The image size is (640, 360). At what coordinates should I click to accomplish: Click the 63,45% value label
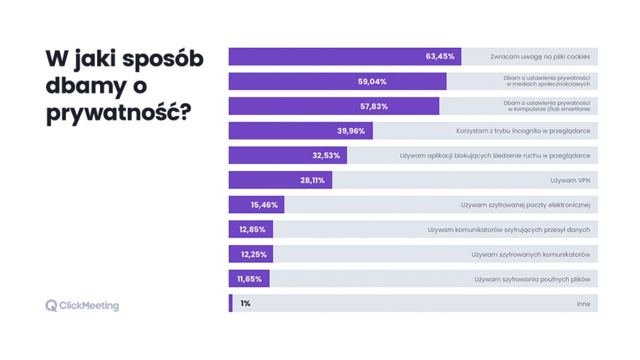click(x=440, y=56)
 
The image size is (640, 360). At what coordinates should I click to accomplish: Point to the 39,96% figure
click(x=351, y=131)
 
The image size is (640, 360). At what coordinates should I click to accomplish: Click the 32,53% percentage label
click(x=326, y=155)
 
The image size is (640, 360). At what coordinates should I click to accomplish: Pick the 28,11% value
click(x=312, y=180)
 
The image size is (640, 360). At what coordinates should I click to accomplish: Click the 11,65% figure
click(x=249, y=279)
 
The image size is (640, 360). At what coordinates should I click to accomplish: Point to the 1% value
click(x=245, y=303)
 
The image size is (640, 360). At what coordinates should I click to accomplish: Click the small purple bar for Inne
click(x=230, y=303)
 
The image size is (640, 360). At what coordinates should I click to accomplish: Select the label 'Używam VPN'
click(x=570, y=180)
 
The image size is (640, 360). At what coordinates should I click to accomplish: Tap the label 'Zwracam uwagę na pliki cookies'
click(x=540, y=56)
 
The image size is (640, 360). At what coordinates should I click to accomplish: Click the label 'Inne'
click(x=583, y=303)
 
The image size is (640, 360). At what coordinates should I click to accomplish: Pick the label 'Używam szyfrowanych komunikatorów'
click(x=530, y=254)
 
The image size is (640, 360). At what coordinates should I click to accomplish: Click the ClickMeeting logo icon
click(x=51, y=305)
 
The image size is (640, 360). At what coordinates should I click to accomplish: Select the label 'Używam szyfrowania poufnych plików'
click(x=532, y=279)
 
